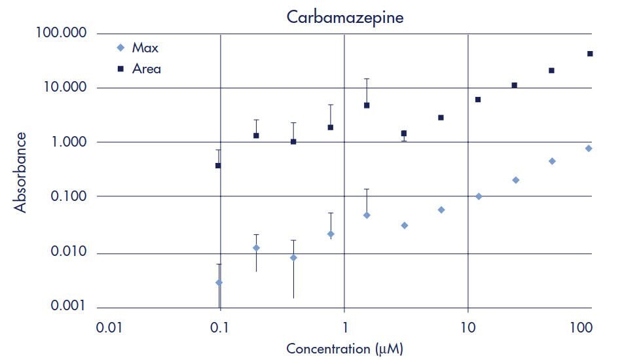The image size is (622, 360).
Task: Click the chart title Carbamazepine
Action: [x=345, y=17]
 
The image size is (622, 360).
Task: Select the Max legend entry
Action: [x=145, y=48]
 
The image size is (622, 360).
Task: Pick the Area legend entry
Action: [x=146, y=68]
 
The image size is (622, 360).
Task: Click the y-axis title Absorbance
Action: [x=21, y=171]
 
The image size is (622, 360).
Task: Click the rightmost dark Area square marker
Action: [x=590, y=54]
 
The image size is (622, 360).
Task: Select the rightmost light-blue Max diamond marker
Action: [x=589, y=149]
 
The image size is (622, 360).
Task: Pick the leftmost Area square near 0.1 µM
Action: [x=218, y=166]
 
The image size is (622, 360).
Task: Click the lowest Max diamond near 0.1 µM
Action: [x=219, y=283]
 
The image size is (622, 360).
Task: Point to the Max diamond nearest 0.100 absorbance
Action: [x=479, y=196]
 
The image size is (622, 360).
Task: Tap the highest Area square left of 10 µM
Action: [x=367, y=105]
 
